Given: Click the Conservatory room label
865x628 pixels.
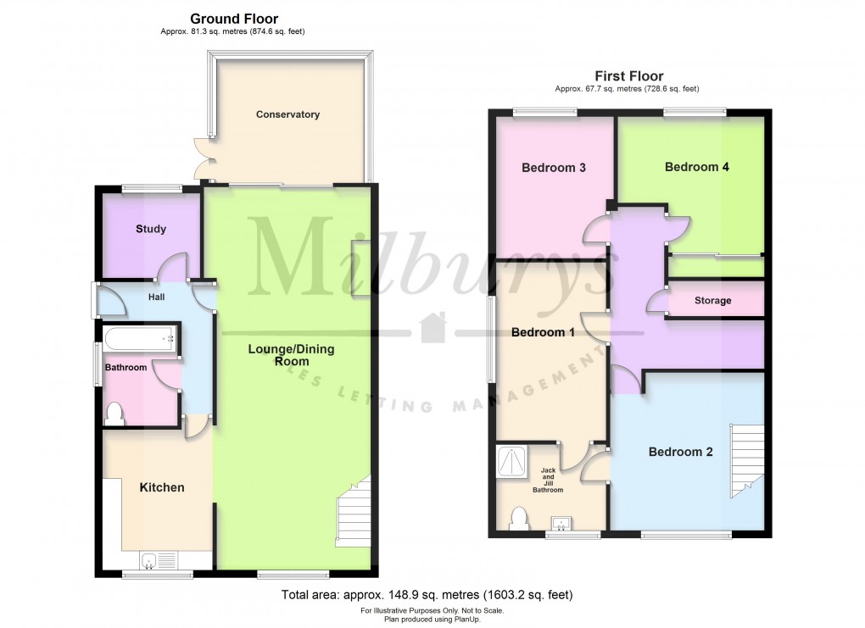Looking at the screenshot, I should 287,114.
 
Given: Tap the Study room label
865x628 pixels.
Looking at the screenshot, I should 151,229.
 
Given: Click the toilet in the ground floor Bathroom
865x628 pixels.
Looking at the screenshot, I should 115,413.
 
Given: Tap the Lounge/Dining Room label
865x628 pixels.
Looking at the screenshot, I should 291,355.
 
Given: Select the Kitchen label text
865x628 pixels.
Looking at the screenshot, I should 161,487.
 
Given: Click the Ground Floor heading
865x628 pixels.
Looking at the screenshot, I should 234,19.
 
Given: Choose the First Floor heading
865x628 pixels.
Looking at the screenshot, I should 628,76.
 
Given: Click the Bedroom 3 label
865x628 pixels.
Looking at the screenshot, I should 554,168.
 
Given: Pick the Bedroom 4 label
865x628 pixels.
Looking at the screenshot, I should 697,167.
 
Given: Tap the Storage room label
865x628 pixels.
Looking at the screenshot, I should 712,301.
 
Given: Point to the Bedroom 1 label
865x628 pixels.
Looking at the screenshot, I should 543,332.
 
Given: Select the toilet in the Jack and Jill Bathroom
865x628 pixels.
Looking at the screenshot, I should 518,518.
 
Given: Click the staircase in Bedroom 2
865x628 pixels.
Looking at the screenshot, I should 746,462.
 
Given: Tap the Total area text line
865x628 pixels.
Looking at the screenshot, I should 432,595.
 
